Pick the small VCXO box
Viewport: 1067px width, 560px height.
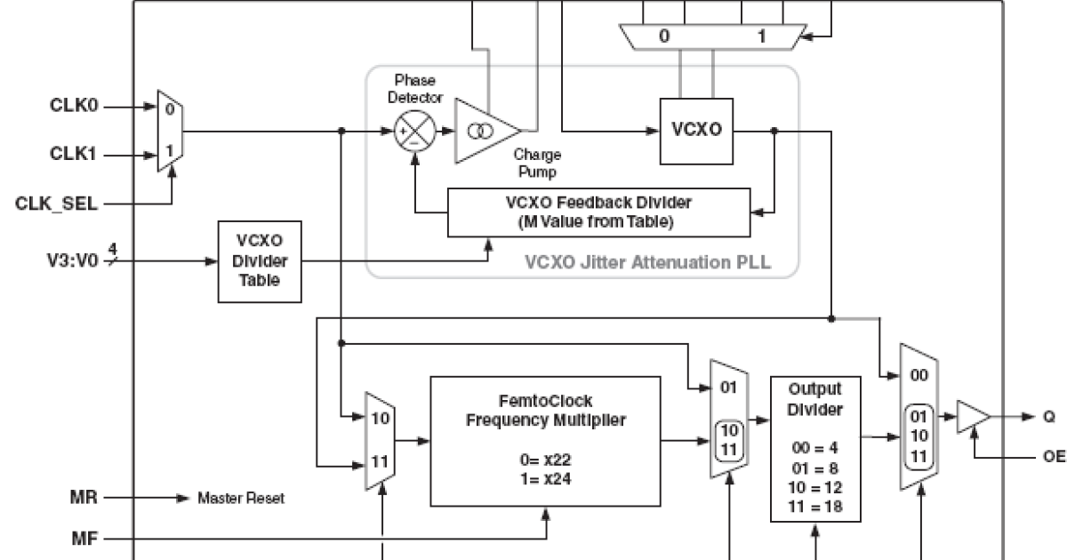click(695, 131)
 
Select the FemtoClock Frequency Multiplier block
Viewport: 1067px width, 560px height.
click(545, 439)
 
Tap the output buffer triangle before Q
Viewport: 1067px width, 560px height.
click(971, 416)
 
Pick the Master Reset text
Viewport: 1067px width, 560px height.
click(241, 499)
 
